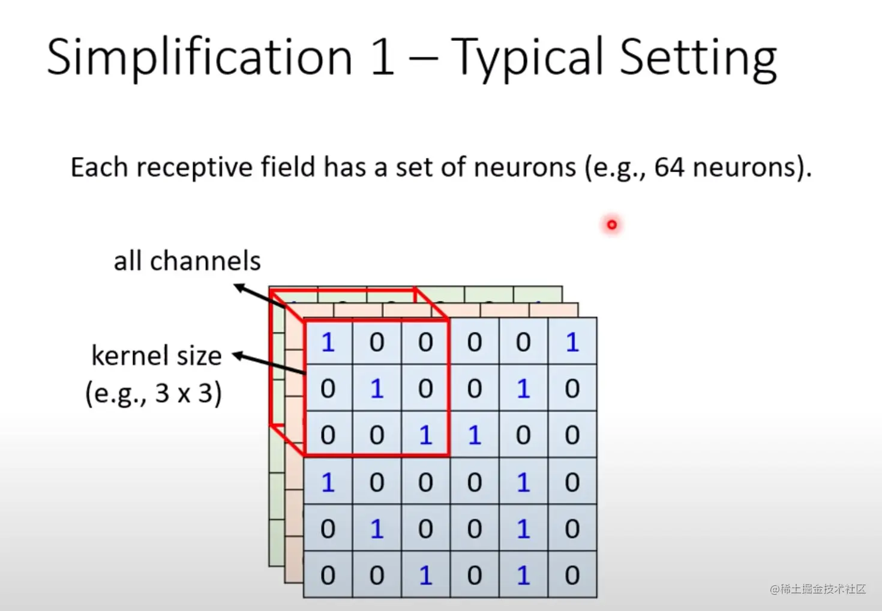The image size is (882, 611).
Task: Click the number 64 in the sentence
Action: (x=669, y=167)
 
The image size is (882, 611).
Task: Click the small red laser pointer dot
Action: (x=611, y=224)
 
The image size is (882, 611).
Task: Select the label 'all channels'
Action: (x=187, y=261)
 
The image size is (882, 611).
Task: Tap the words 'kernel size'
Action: (x=157, y=355)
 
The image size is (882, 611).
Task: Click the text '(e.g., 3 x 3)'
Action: (x=154, y=394)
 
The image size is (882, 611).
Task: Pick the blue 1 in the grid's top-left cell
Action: (x=328, y=342)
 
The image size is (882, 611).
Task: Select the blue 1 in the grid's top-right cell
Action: (x=572, y=342)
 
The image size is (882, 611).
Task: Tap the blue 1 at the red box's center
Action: (x=377, y=389)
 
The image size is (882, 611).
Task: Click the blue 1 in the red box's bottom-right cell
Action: (x=425, y=435)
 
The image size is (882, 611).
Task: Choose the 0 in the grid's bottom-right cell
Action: (x=572, y=575)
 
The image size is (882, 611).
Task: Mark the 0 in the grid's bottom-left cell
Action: (x=328, y=575)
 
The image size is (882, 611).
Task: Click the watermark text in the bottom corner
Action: (x=818, y=589)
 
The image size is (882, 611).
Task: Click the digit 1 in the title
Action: (x=382, y=58)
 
